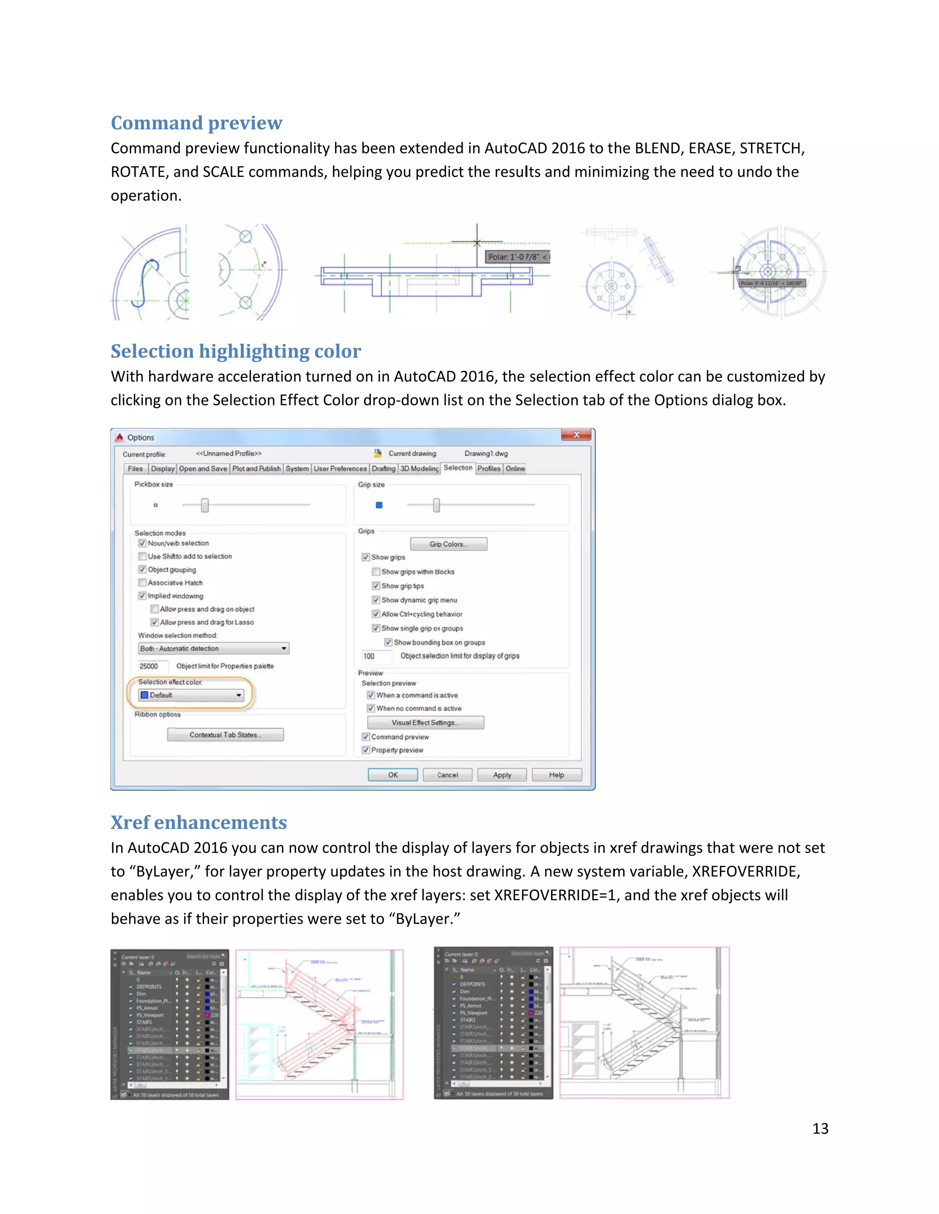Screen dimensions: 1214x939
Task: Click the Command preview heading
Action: [196, 123]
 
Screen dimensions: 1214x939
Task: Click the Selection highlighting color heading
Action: [236, 351]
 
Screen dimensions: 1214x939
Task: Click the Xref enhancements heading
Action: [199, 823]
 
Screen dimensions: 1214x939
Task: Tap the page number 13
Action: [820, 1128]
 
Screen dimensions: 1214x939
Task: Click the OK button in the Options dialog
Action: [393, 775]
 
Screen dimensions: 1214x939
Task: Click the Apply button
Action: [502, 775]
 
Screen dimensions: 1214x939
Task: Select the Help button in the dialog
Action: [556, 775]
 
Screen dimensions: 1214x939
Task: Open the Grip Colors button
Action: [448, 544]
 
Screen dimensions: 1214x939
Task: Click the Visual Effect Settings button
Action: [425, 722]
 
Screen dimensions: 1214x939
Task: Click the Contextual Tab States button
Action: [225, 735]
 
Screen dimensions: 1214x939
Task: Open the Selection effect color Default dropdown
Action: [191, 695]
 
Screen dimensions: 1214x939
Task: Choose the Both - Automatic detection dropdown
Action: [214, 649]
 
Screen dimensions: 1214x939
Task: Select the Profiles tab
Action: [488, 469]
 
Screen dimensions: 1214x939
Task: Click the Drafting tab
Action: [383, 469]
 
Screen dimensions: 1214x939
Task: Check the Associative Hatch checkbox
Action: [143, 583]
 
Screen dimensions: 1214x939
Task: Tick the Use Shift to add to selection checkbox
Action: [143, 557]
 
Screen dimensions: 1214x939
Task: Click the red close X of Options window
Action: [576, 435]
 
